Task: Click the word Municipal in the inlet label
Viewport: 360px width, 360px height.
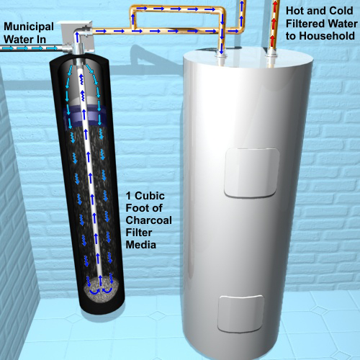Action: (29, 27)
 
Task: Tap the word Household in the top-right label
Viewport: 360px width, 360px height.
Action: (327, 36)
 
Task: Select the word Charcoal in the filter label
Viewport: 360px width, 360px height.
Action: (149, 220)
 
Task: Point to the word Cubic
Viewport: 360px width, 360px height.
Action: (150, 196)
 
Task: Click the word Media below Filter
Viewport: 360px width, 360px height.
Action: (141, 245)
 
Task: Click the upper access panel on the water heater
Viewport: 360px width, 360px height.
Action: (252, 172)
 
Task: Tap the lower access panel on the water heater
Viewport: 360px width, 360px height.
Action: (241, 313)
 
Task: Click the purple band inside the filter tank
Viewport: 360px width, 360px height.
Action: (84, 117)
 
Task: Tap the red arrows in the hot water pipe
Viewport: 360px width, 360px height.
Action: (274, 24)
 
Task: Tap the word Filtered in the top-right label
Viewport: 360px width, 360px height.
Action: (305, 24)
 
